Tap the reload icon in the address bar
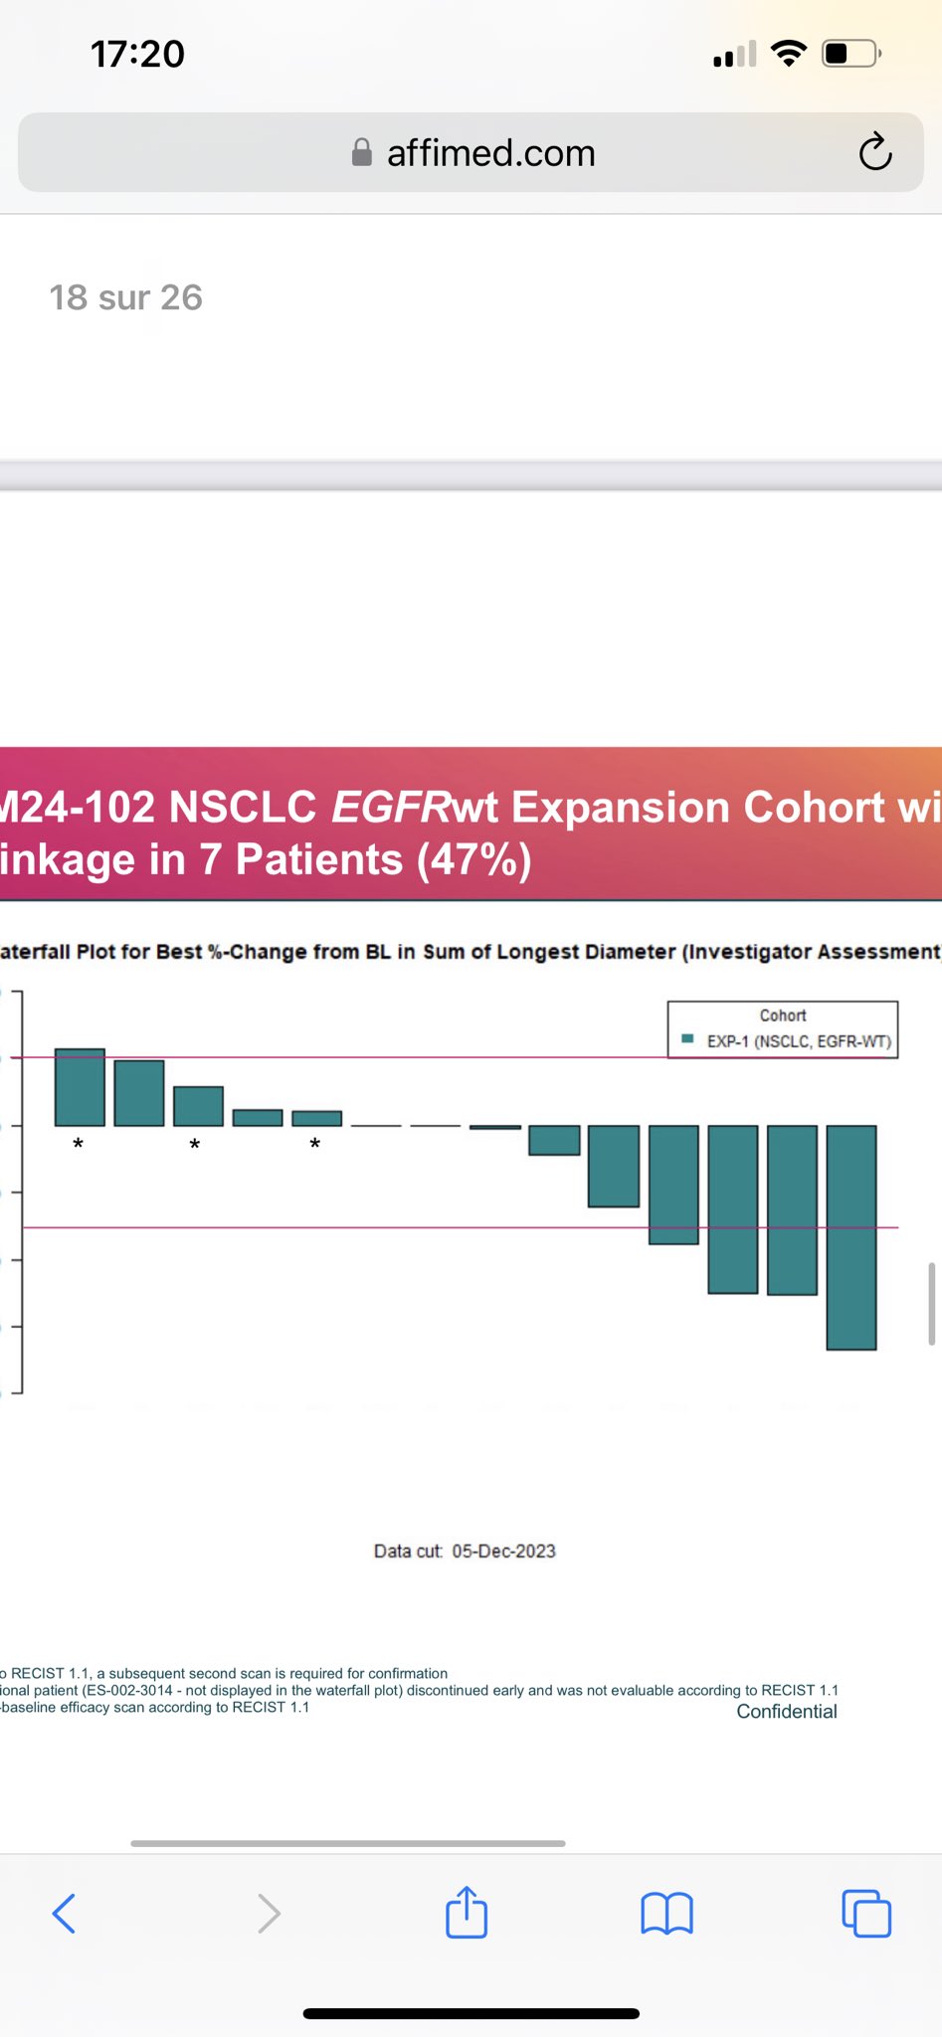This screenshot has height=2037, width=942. pyautogui.click(x=875, y=152)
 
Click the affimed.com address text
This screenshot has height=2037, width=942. pyautogui.click(x=490, y=153)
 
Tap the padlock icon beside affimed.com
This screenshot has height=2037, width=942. pyautogui.click(x=362, y=152)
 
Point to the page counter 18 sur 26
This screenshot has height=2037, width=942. pyautogui.click(x=126, y=297)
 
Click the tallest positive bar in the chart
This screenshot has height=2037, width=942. pyautogui.click(x=80, y=1087)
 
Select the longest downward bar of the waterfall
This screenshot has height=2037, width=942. pyautogui.click(x=851, y=1237)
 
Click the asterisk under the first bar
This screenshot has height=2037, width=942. pyautogui.click(x=79, y=1145)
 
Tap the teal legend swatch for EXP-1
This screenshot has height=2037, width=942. pyautogui.click(x=687, y=1039)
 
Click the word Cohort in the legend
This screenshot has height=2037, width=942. pyautogui.click(x=783, y=1016)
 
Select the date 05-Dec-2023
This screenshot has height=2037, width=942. pyautogui.click(x=503, y=1552)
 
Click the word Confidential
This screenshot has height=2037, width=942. pyautogui.click(x=786, y=1712)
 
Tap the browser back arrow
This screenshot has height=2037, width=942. pyautogui.click(x=64, y=1913)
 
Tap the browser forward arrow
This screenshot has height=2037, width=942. pyautogui.click(x=269, y=1913)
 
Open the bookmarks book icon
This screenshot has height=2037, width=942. pyautogui.click(x=666, y=1913)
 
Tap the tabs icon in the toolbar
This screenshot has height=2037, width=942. pyautogui.click(x=866, y=1913)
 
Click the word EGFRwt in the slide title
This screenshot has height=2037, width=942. pyautogui.click(x=414, y=807)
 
